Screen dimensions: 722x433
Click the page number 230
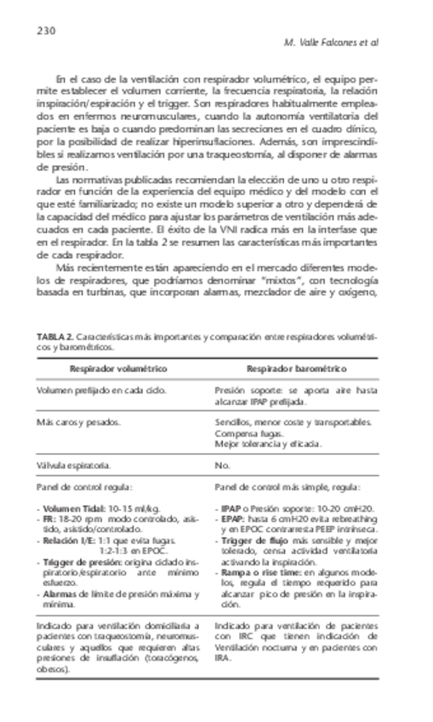tap(46, 31)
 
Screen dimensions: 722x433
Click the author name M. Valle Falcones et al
tap(336, 42)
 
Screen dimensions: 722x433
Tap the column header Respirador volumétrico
tap(118, 369)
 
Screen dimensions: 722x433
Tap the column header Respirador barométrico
tap(297, 369)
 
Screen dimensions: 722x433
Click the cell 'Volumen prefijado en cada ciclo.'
tap(101, 391)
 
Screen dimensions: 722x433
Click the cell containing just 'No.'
tap(223, 466)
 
